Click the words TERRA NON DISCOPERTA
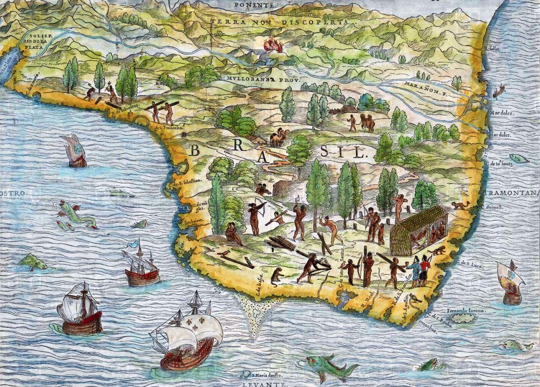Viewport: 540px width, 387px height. [279, 22]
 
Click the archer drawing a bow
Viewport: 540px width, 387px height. [255, 216]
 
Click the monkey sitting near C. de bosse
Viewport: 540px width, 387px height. [276, 276]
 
